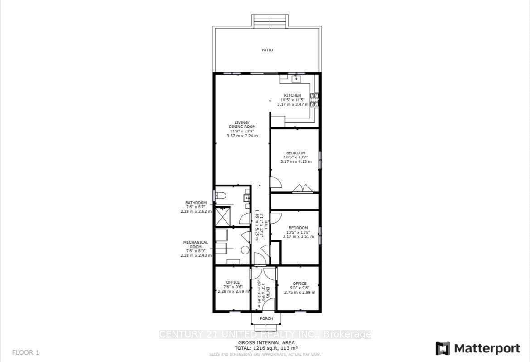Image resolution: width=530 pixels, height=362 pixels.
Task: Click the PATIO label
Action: [x=267, y=50]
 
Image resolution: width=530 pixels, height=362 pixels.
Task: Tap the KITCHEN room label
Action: [x=292, y=95]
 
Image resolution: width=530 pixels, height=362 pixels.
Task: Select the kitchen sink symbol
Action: [x=297, y=79]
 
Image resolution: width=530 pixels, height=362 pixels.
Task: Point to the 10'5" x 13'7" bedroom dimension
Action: [x=295, y=157]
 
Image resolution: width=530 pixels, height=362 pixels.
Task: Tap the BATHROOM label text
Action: [x=196, y=203]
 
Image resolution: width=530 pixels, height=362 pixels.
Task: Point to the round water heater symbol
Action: [x=245, y=249]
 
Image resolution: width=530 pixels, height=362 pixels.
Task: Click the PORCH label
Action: [x=266, y=318]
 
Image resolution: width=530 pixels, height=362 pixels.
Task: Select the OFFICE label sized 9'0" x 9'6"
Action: [x=299, y=284]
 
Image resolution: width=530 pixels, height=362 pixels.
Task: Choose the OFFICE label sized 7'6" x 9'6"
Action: [x=233, y=282]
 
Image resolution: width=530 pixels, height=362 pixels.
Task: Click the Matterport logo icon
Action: [x=443, y=348]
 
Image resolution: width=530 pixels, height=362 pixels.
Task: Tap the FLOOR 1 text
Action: [x=26, y=352]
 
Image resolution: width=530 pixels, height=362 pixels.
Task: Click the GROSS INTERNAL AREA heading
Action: [x=266, y=342]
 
